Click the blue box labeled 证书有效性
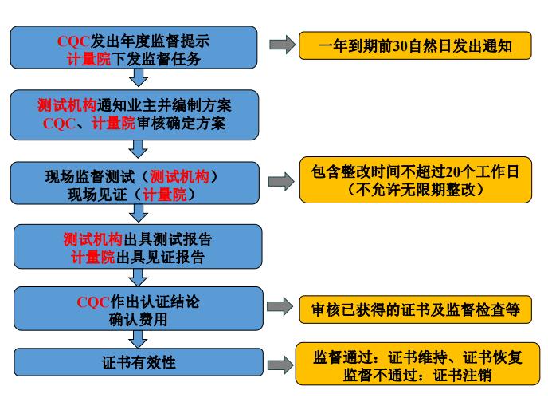pos(136,363)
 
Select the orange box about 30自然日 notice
pos(415,46)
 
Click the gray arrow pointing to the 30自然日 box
pos(281,45)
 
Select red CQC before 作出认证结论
pos(92,301)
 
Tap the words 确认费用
pos(138,318)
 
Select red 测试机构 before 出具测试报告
pos(92,239)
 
